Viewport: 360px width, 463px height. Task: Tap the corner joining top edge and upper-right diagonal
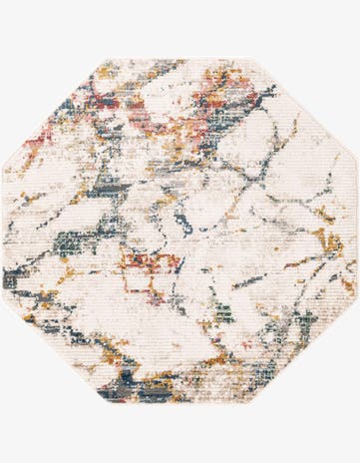click(x=254, y=59)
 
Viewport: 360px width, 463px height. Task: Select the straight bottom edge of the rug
click(x=180, y=402)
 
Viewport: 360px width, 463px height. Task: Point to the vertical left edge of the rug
click(x=5, y=232)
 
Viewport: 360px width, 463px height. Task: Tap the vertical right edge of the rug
click(x=356, y=232)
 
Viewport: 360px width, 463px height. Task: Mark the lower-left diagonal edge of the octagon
click(x=55, y=353)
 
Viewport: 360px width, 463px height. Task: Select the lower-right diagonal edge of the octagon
click(x=305, y=353)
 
